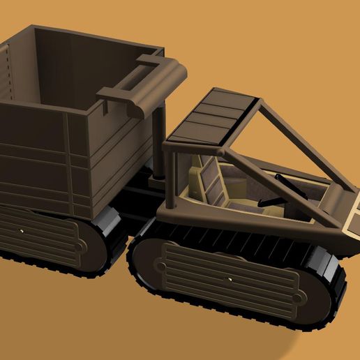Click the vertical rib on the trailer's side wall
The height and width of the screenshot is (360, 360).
tap(69, 164)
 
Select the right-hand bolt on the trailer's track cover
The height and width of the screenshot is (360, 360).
tap(83, 246)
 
